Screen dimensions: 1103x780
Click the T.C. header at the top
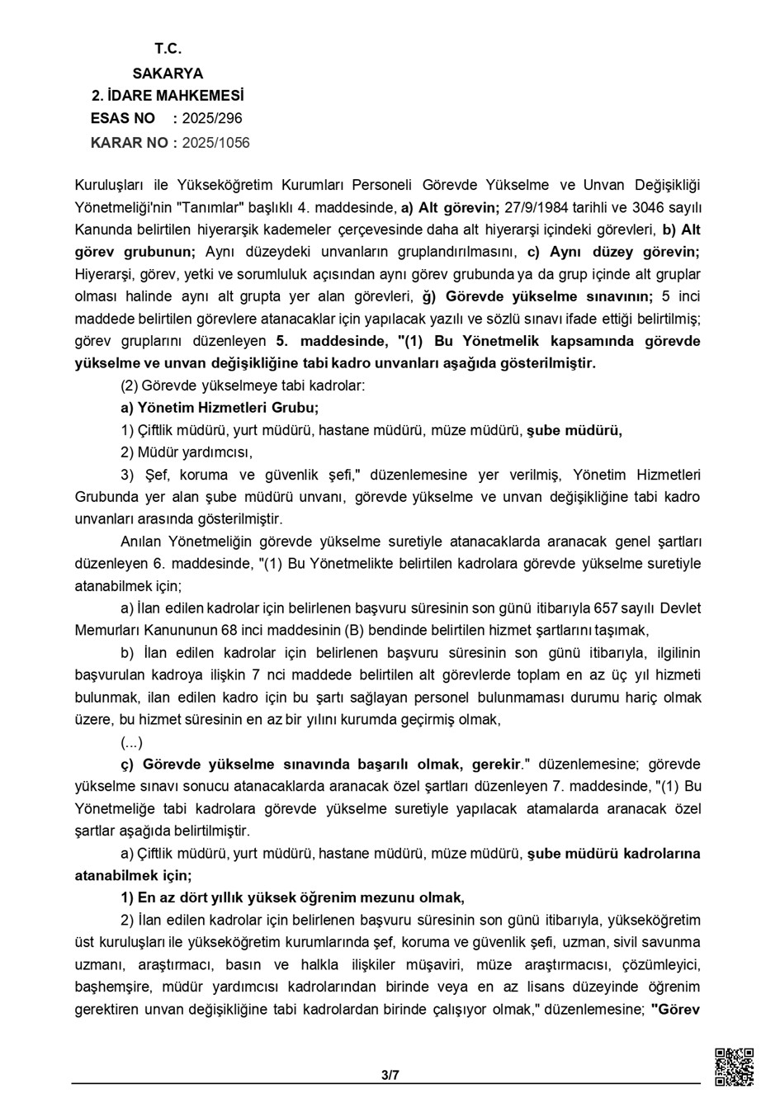coord(168,50)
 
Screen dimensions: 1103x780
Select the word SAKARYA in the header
coord(168,73)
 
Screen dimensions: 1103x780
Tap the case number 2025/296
coord(212,119)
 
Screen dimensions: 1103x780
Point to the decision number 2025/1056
coord(215,143)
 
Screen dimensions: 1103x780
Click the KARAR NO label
coord(129,143)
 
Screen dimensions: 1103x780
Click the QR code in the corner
coord(733,1067)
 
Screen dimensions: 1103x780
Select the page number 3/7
coord(390,1076)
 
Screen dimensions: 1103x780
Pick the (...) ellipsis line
coord(132,741)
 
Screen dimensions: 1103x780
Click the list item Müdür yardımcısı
coord(187,452)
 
